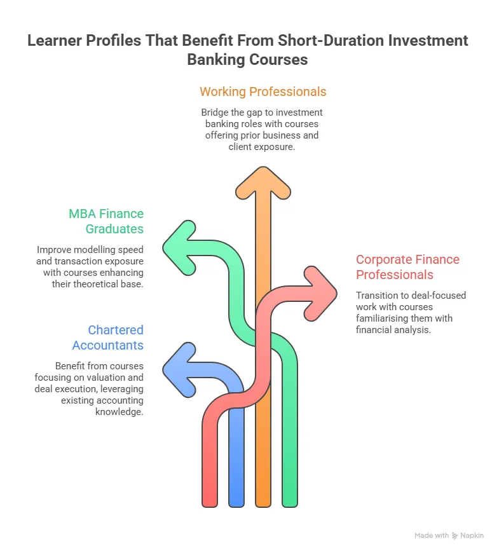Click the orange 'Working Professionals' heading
coord(263,92)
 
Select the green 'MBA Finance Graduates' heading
coord(106,221)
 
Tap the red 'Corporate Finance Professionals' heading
coord(407,267)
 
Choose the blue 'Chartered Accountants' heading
coord(107,338)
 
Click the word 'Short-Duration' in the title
coord(331,41)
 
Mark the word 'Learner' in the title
coord(55,41)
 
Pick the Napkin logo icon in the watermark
coord(455,536)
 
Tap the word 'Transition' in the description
coord(378,295)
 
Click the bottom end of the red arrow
coord(210,501)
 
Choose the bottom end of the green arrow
coord(290,501)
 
